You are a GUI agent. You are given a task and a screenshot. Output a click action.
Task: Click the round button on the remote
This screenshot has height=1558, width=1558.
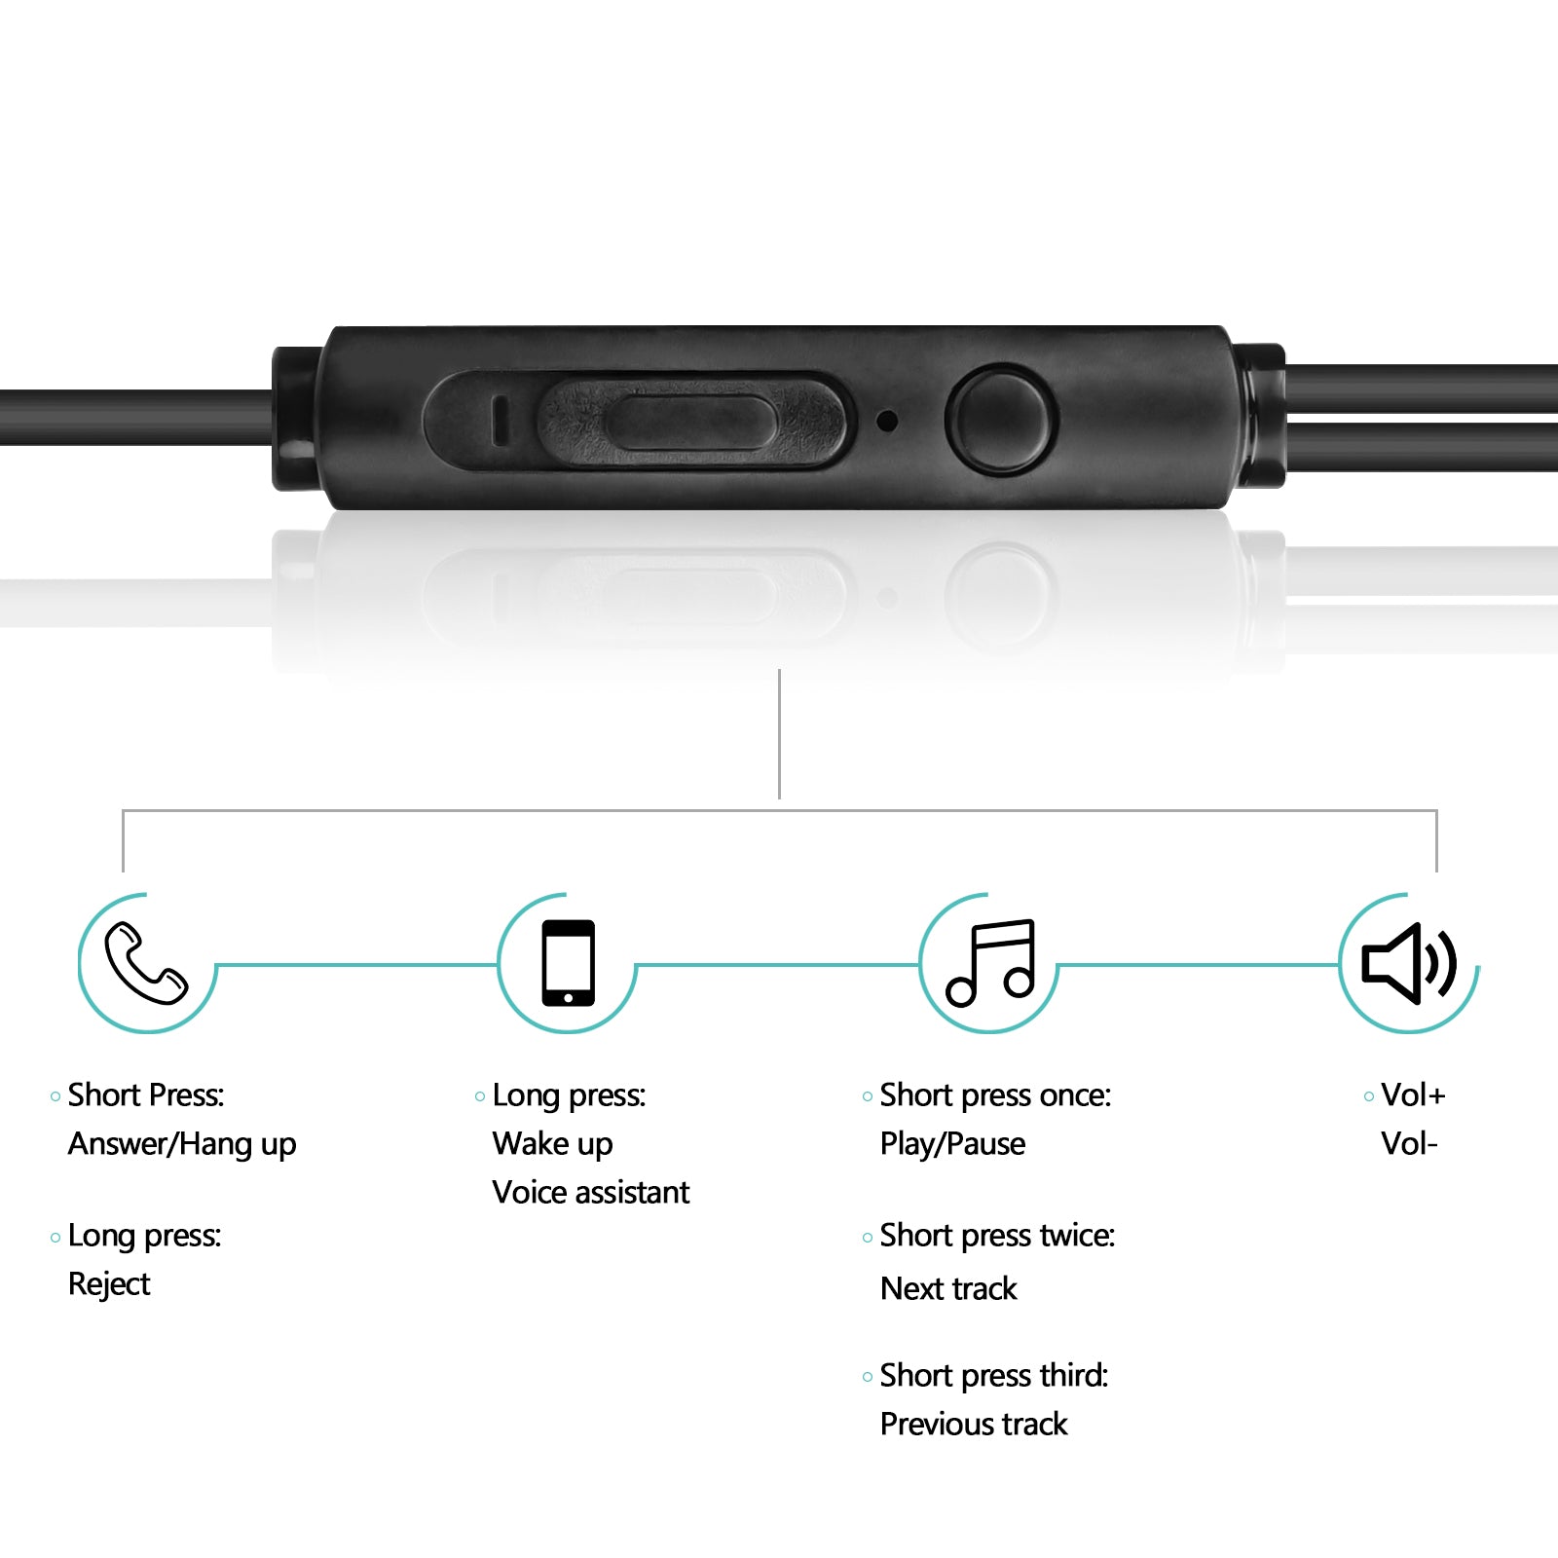pyautogui.click(x=1000, y=420)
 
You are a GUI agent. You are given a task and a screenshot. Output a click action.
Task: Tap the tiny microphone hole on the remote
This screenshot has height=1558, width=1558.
pyautogui.click(x=887, y=421)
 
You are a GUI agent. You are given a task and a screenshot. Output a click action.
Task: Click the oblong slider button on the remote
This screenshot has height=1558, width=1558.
pyautogui.click(x=690, y=422)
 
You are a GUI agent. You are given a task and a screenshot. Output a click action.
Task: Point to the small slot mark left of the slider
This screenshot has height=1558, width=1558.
pyautogui.click(x=500, y=421)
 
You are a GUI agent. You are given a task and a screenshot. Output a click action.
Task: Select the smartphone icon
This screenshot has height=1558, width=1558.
pyautogui.click(x=569, y=963)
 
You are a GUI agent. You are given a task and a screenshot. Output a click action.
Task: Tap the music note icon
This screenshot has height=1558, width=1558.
pyautogui.click(x=990, y=962)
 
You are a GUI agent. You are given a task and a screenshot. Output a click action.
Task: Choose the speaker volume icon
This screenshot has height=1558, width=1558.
pyautogui.click(x=1409, y=962)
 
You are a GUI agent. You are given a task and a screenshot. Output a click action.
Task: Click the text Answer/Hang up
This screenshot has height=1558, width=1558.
pyautogui.click(x=182, y=1144)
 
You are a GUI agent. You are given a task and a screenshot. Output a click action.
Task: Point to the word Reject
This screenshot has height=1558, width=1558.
pyautogui.click(x=109, y=1284)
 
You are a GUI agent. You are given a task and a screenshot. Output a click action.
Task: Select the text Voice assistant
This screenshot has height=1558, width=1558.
pyautogui.click(x=591, y=1192)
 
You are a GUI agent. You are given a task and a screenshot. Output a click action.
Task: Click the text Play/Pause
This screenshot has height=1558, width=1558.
pyautogui.click(x=952, y=1144)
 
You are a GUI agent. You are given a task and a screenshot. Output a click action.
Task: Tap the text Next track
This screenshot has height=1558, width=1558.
pyautogui.click(x=948, y=1288)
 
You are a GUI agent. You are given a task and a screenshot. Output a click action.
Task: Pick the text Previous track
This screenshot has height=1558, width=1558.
pyautogui.click(x=974, y=1424)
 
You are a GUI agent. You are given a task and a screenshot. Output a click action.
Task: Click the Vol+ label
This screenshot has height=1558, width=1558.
pyautogui.click(x=1413, y=1095)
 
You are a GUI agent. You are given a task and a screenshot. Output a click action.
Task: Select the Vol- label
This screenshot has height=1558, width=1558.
pyautogui.click(x=1409, y=1143)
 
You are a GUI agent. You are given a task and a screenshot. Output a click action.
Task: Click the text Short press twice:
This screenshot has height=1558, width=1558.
pyautogui.click(x=997, y=1236)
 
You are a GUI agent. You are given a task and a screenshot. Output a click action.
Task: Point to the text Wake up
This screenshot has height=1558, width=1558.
pyautogui.click(x=552, y=1144)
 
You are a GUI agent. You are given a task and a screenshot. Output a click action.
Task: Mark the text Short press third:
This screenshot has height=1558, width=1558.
pyautogui.click(x=994, y=1376)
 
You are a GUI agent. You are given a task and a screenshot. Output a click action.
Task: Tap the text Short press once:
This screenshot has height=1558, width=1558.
pyautogui.click(x=995, y=1095)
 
